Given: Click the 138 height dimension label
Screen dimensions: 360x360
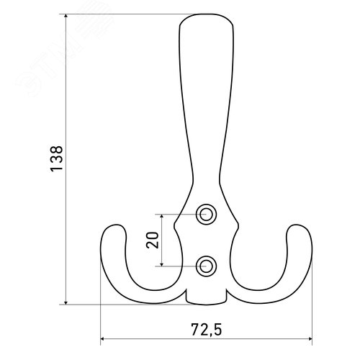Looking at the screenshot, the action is pos(57,158).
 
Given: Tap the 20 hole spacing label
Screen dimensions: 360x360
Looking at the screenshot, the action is pos(153,240).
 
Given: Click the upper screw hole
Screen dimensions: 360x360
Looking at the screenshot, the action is pos(206,215).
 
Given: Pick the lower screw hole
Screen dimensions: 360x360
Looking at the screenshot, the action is pos(206,266).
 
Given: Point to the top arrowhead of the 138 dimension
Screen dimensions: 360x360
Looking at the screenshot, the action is pos(66,17).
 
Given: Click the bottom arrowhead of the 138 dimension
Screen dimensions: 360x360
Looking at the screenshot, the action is pos(66,302).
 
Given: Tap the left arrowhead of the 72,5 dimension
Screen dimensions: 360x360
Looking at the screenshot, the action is pos(103,339).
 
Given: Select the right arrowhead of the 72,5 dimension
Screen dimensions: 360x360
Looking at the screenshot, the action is pos(310,339).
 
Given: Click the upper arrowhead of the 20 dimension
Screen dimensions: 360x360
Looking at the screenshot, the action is pos(162,217).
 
